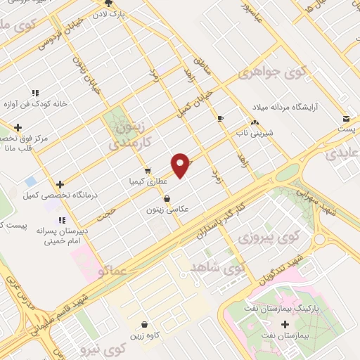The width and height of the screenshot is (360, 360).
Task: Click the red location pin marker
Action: pyautogui.click(x=181, y=165)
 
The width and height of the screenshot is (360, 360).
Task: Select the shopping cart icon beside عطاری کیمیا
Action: pyautogui.click(x=147, y=171)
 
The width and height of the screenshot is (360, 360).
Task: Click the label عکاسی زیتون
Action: pyautogui.click(x=167, y=209)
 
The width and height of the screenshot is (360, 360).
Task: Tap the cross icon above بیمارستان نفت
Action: pyautogui.click(x=285, y=324)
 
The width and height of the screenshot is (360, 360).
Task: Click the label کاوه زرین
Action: pyautogui.click(x=144, y=335)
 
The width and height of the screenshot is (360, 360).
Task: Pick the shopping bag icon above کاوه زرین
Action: pyautogui.click(x=144, y=325)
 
